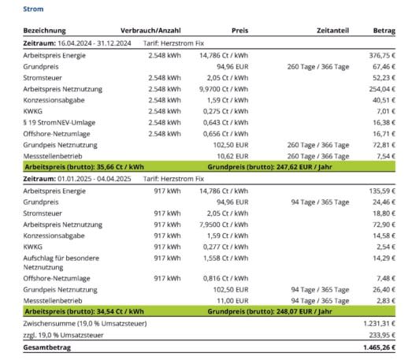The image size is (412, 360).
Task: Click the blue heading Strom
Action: pos(33,9)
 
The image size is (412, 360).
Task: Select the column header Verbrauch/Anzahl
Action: pos(150,31)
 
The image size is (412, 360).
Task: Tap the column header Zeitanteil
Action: pos(332,31)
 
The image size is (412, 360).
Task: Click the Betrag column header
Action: pos(384,31)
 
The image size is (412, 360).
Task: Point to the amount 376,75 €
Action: pos(382,55)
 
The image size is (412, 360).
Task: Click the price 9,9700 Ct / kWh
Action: pos(224,89)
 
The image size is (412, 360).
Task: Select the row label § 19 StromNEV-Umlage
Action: pos(59,123)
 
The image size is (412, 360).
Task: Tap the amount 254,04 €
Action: pos(382,89)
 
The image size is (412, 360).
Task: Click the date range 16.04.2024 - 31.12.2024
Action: pos(95,43)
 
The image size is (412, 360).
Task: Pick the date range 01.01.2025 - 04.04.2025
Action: pos(95,179)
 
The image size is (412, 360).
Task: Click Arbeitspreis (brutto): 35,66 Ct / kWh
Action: pos(84,167)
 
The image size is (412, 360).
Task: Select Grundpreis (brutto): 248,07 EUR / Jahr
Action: pos(269,311)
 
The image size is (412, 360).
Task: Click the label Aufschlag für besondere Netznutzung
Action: pos(61,263)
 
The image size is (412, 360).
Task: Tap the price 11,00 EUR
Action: pos(232,301)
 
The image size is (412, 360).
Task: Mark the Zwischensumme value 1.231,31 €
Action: pos(380,324)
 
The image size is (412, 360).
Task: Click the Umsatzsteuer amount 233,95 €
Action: pos(382,336)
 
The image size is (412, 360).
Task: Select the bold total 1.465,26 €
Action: pos(380,347)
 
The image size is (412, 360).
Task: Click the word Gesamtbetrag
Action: pos(47,347)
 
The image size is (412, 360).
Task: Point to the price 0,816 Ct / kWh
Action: pos(225,278)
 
